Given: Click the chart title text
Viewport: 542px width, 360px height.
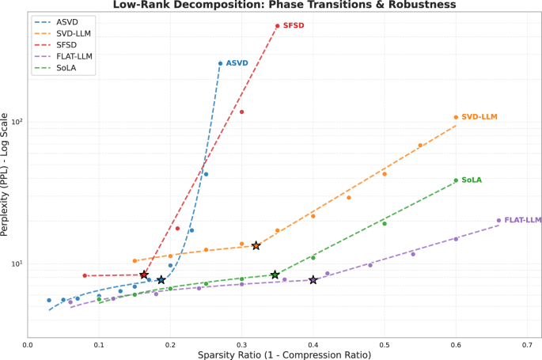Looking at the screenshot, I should point(284,5).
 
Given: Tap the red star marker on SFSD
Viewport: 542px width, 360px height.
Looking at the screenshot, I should point(144,275).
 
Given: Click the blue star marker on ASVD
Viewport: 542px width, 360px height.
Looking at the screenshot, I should point(161,280).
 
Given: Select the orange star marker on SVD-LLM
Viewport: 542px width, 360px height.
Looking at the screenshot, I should point(256,246).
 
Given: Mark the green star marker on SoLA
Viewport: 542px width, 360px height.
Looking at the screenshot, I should point(275,275).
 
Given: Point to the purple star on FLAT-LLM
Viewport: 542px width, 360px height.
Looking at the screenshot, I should point(313,280).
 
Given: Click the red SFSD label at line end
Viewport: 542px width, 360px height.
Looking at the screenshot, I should point(294,26).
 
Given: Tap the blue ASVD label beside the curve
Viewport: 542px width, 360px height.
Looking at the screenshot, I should point(237,63).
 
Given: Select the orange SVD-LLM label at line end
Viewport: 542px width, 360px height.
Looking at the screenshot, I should point(479,117).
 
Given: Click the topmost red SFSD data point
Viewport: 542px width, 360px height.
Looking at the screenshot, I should point(277,26).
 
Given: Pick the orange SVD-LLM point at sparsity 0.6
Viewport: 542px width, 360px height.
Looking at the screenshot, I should point(456,117).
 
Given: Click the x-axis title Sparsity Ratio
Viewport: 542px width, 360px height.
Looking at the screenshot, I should point(284,354).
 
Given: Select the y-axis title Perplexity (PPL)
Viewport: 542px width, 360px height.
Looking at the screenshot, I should point(6,174).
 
